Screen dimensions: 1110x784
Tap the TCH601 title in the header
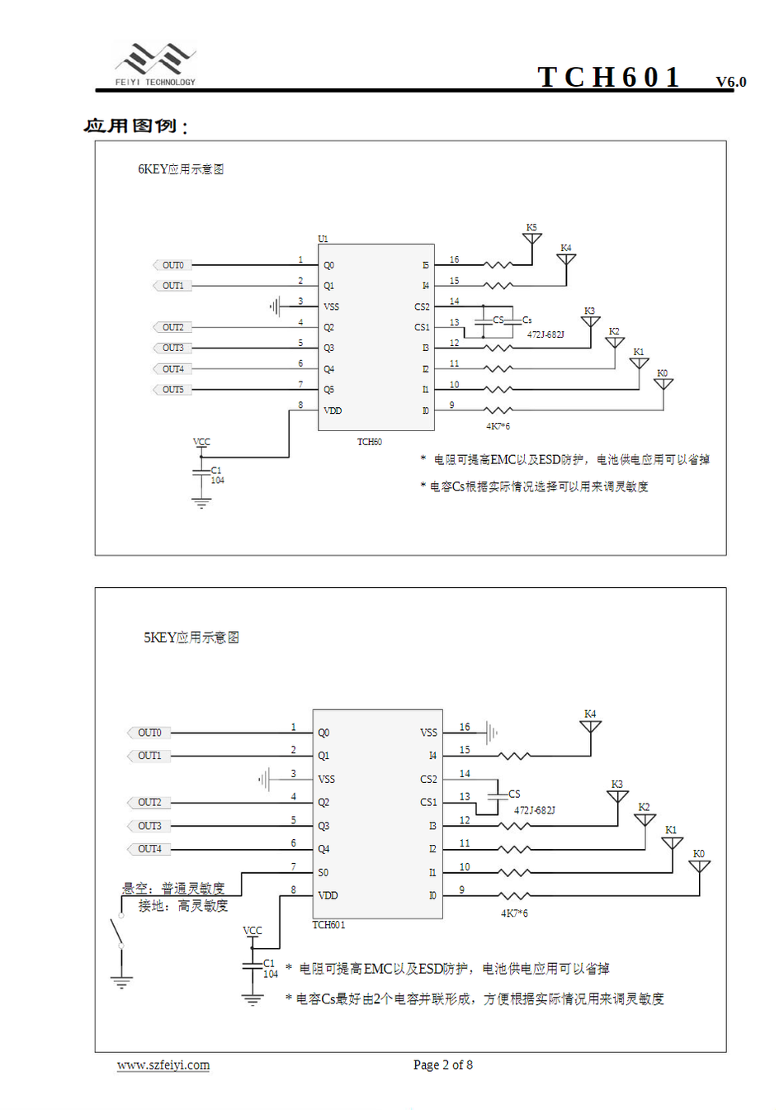pyautogui.click(x=609, y=77)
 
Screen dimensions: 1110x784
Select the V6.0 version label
pyautogui.click(x=730, y=82)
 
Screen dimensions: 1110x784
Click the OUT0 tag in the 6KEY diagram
pyautogui.click(x=172, y=265)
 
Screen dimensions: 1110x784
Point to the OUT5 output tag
pyautogui.click(x=172, y=389)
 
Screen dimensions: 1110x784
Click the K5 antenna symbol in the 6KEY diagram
pyautogui.click(x=532, y=239)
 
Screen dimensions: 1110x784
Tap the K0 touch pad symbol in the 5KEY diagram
pyautogui.click(x=699, y=866)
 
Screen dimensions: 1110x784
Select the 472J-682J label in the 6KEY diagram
pyautogui.click(x=545, y=334)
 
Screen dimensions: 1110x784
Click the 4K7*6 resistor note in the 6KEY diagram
pyautogui.click(x=498, y=426)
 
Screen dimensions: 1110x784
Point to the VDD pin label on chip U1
pyautogui.click(x=333, y=410)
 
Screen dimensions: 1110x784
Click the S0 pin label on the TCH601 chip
pyautogui.click(x=323, y=872)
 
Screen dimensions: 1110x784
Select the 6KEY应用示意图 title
pyautogui.click(x=181, y=169)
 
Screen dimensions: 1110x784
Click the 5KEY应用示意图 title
pyautogui.click(x=191, y=638)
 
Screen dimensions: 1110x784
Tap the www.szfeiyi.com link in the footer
pyautogui.click(x=163, y=1065)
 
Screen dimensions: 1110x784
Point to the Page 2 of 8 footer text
pyautogui.click(x=443, y=1065)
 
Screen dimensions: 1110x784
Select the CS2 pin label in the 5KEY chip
pyautogui.click(x=428, y=779)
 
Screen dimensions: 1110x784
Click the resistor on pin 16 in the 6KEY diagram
pyautogui.click(x=498, y=265)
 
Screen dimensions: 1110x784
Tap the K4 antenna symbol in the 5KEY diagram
pyautogui.click(x=590, y=726)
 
